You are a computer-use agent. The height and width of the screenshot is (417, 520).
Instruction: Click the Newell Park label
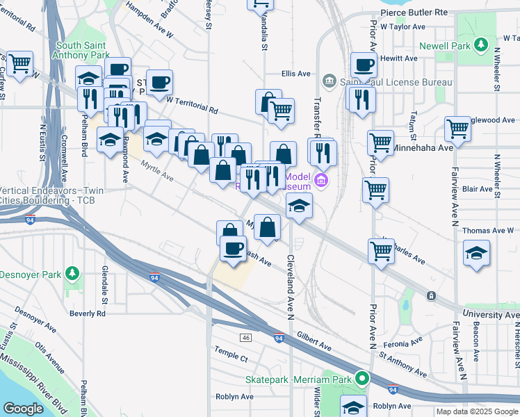point(445,47)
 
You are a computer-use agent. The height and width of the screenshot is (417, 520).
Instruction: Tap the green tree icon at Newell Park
point(480,46)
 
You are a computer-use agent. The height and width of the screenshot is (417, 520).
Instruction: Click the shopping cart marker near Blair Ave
point(375,190)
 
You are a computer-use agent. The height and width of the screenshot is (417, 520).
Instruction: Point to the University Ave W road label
point(491,315)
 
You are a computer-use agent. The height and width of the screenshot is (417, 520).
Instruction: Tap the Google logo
point(24,409)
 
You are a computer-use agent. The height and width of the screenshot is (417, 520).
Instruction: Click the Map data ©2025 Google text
point(476,411)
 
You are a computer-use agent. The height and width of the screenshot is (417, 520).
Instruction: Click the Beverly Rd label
point(88,313)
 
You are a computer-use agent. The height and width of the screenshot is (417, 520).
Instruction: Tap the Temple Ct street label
point(231,357)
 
